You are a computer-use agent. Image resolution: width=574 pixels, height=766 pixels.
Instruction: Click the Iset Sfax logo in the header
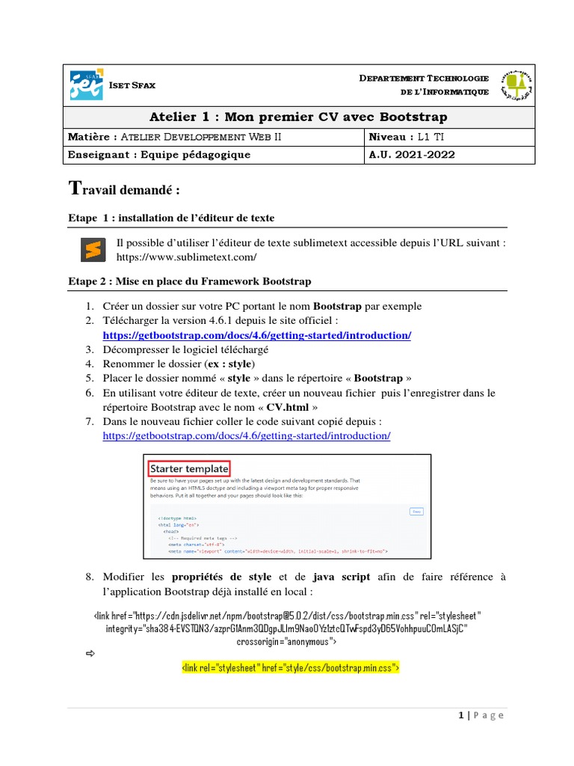click(x=86, y=85)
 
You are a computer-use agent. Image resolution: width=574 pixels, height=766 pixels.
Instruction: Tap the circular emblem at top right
click(x=516, y=85)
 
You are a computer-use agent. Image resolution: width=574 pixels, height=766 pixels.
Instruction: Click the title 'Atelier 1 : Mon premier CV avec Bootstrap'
click(x=298, y=117)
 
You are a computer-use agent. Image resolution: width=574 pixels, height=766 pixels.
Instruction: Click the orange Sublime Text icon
click(x=92, y=250)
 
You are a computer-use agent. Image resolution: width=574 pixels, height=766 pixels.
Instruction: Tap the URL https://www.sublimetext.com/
click(x=186, y=257)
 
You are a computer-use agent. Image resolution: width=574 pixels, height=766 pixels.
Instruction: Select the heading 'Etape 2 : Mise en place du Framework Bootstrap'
click(x=189, y=281)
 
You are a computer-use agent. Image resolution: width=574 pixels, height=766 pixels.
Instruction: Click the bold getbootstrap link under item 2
click(x=256, y=335)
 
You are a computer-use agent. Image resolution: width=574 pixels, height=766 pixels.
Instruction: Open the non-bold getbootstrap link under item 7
click(x=246, y=435)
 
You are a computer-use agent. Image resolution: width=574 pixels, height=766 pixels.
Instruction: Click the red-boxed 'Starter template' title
click(x=189, y=468)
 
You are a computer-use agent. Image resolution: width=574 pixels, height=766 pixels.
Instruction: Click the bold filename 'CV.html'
click(x=288, y=407)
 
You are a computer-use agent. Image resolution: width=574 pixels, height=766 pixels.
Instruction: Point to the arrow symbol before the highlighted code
click(x=91, y=654)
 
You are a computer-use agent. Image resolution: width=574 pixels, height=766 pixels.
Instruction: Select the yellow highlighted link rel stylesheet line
click(x=291, y=666)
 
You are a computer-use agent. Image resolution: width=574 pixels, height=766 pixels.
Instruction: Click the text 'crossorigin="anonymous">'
click(x=286, y=641)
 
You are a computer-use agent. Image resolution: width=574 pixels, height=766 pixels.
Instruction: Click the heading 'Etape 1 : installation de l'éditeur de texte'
click(x=171, y=218)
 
